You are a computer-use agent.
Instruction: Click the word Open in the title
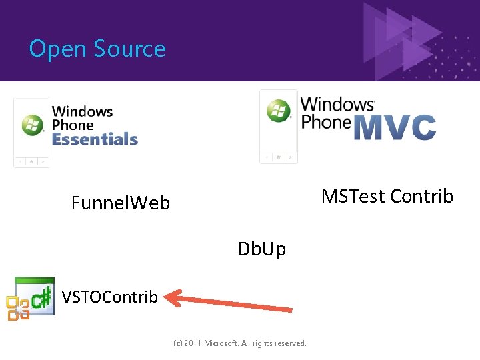coord(58,49)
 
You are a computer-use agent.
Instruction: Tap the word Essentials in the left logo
coord(95,139)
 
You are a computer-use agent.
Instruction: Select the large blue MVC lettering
coord(395,127)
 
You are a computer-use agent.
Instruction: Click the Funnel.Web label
coord(121,203)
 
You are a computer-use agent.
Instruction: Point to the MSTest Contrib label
coord(387,196)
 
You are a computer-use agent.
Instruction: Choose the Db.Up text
coord(262,249)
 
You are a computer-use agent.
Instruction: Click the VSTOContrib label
coord(110,297)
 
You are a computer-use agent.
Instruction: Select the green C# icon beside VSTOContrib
coord(37,295)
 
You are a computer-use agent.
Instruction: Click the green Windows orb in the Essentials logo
coord(31,125)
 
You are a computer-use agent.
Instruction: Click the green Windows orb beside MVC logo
coord(279,111)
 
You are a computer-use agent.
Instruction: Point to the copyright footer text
coord(240,343)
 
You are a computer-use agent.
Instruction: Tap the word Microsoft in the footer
coord(227,343)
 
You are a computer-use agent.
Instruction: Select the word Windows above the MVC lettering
coord(337,105)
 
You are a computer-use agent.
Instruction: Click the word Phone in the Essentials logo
coord(73,125)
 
